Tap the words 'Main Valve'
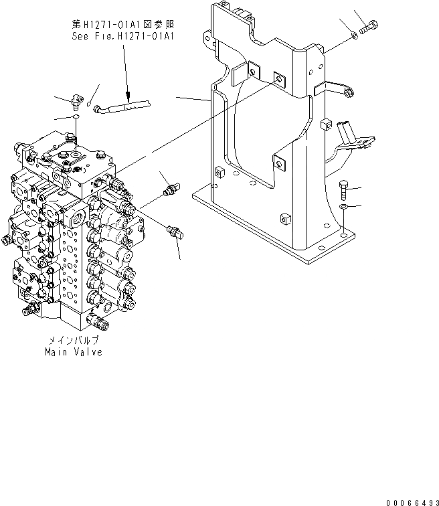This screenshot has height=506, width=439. (x=74, y=352)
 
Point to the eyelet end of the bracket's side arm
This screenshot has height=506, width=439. (x=348, y=94)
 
